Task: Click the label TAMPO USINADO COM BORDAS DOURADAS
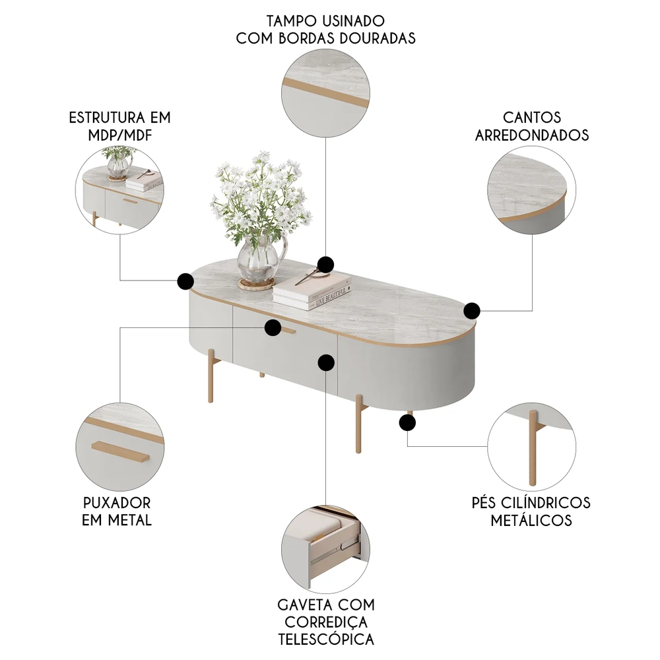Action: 326,30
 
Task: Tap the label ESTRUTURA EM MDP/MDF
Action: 119,126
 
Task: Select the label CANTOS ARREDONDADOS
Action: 532,126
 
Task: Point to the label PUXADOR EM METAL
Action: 117,511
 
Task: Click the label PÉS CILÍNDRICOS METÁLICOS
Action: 531,511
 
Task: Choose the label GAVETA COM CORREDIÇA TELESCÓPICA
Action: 326,622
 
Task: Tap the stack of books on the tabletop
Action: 312,290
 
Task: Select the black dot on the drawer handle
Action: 272,327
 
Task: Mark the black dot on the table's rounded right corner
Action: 472,310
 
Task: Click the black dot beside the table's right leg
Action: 407,423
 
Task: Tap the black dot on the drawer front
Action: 326,362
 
